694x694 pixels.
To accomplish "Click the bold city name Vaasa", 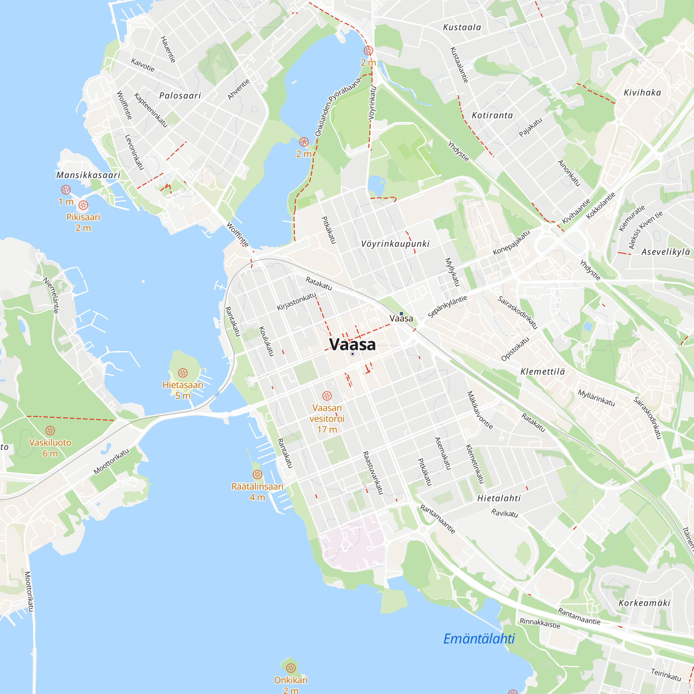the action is click(353, 345).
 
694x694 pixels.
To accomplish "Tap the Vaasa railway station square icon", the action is click(401, 314).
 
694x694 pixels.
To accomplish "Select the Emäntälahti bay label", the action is click(479, 638).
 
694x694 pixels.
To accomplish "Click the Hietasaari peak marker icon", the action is click(183, 373).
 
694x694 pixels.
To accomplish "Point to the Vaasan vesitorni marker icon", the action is click(327, 396).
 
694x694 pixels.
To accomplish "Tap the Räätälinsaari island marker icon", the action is click(257, 474).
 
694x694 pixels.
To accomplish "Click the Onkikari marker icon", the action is click(290, 668).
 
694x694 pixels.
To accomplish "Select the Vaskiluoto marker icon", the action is click(50, 430).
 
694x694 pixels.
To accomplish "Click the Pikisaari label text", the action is click(83, 217).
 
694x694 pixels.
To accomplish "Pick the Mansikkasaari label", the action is click(88, 175).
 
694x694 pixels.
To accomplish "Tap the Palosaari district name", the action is click(180, 95).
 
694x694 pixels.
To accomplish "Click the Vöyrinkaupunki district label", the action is click(395, 244).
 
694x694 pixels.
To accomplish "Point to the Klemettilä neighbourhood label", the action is click(542, 372).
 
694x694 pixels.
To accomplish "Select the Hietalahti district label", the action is click(499, 498).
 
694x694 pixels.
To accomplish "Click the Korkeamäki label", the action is click(644, 603).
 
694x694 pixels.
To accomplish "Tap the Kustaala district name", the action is click(462, 27).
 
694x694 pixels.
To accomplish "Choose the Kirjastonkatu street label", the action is click(296, 302).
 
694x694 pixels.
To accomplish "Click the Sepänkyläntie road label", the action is click(447, 307).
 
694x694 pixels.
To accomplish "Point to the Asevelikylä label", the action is click(666, 252).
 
